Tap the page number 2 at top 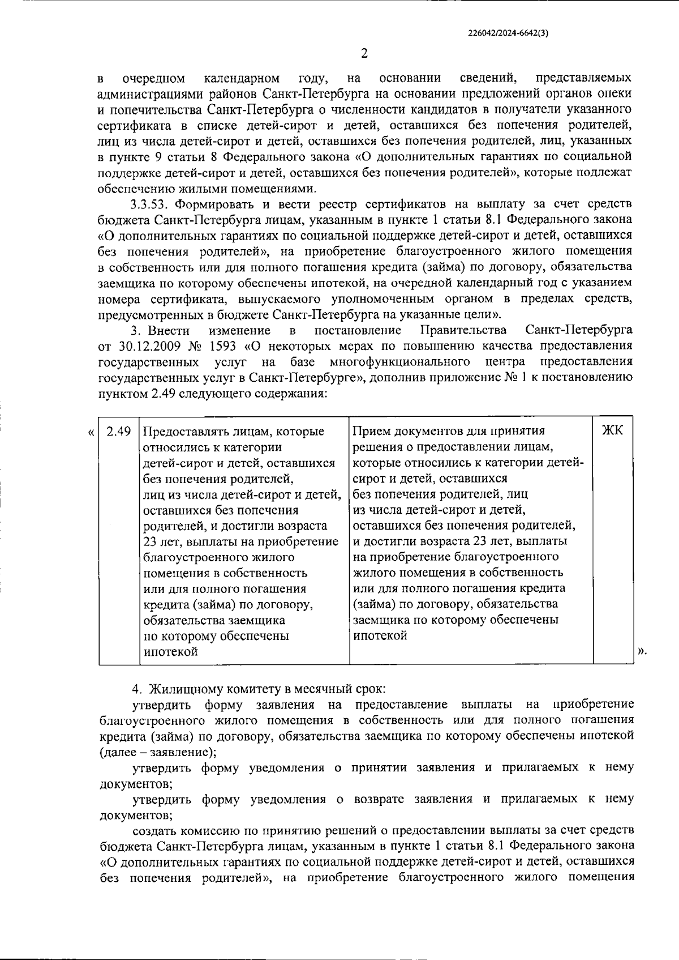(364, 54)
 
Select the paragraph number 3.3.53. (150, 204)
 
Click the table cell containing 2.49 (119, 431)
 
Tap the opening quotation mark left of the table (91, 433)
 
